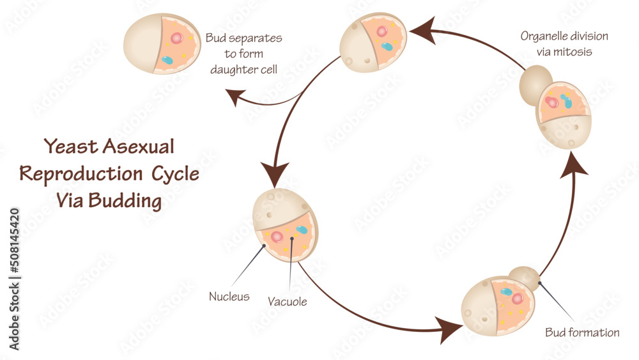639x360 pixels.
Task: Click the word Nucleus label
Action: click(x=229, y=297)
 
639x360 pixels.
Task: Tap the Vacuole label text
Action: click(x=288, y=301)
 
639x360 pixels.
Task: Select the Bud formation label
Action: click(x=582, y=333)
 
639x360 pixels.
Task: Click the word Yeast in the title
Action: click(x=68, y=146)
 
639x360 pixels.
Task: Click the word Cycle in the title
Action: click(x=174, y=173)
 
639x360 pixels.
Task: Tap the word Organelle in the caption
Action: click(x=545, y=36)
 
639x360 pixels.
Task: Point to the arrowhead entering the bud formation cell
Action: click(x=452, y=331)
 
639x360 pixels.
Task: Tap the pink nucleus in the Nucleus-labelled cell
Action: click(x=277, y=237)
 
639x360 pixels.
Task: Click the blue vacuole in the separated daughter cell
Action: click(x=167, y=61)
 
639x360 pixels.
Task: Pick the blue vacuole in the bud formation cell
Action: click(x=507, y=292)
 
